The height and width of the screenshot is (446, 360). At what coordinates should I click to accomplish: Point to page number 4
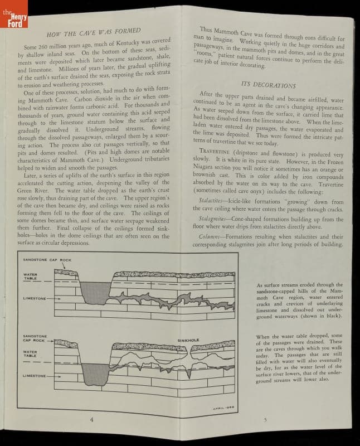coord(92,419)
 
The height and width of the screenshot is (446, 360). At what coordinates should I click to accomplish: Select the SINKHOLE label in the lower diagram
coord(188,340)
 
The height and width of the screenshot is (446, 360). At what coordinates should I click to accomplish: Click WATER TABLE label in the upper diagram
coord(30,277)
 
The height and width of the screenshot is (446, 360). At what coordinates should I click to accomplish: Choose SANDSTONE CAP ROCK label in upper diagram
coord(48,260)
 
